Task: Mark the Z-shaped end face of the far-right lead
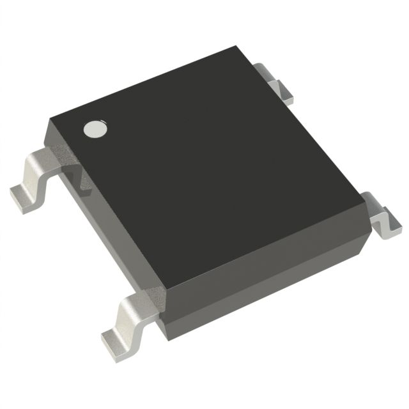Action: tap(387, 224)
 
